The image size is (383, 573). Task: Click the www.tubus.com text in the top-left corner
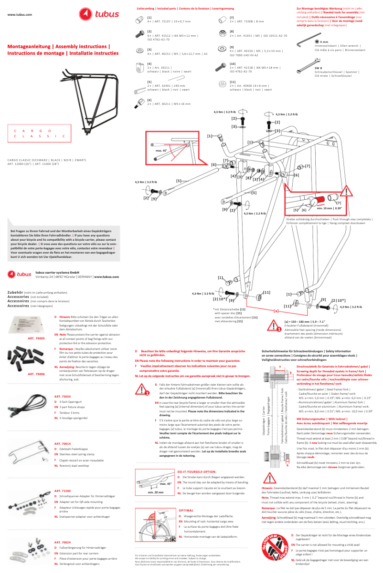coord(20,15)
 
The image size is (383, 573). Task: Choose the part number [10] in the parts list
coord(233,63)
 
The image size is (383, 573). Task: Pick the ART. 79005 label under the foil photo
coord(36,338)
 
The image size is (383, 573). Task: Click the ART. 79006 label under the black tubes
coord(36,374)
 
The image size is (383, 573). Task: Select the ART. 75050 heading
coord(63,397)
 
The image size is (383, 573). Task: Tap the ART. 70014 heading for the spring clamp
coord(63,443)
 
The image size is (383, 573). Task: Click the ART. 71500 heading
coord(63,491)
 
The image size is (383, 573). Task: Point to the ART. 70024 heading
coord(63,542)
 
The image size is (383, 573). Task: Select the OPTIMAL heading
coord(185,510)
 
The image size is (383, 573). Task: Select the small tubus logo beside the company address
coord(20,274)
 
